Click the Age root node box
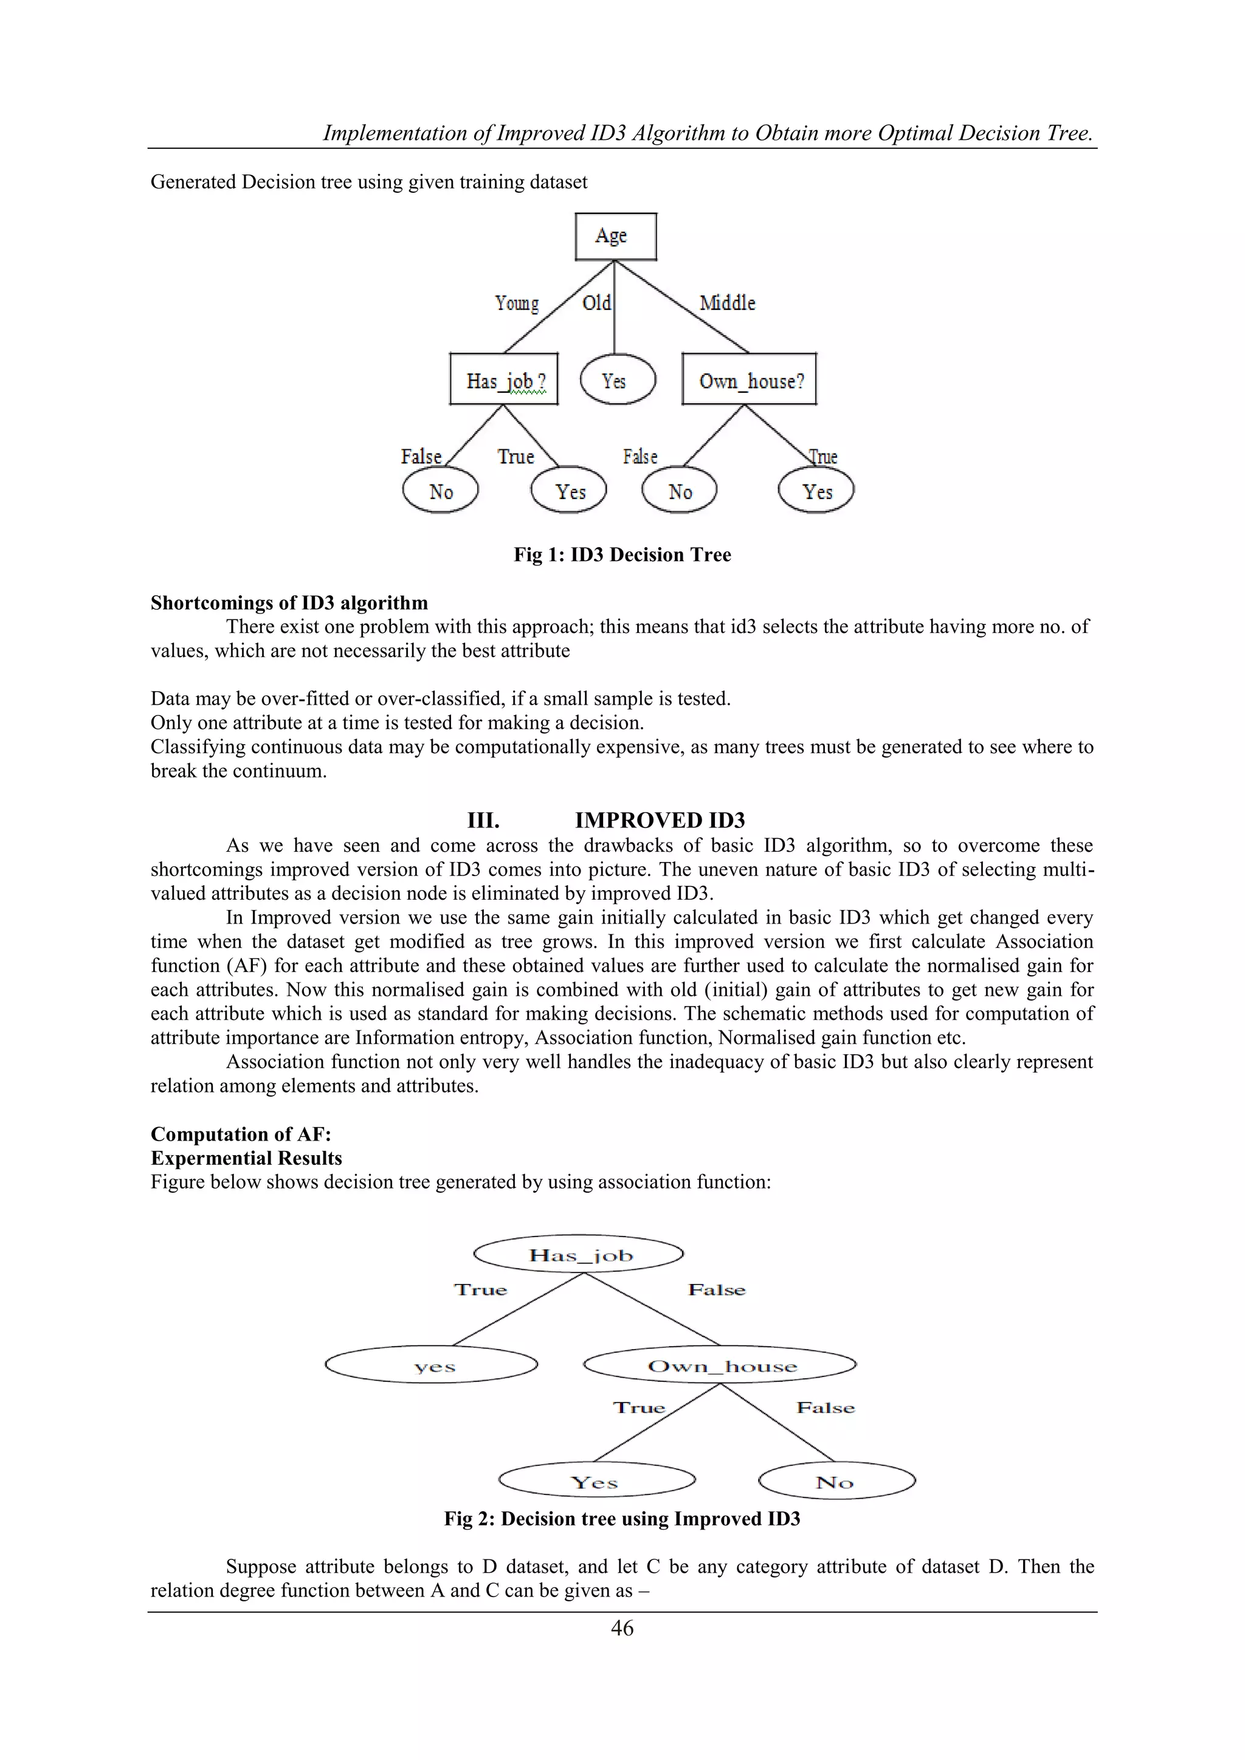(616, 236)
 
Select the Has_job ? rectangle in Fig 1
(504, 379)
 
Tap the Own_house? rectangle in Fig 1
(749, 379)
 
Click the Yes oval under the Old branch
(617, 380)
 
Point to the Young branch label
(517, 303)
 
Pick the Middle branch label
(727, 303)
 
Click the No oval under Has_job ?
(440, 491)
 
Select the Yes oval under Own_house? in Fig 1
(816, 491)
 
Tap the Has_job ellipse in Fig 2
(579, 1255)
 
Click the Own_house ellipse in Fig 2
(720, 1365)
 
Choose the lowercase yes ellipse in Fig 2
(432, 1365)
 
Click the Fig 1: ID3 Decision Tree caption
(622, 554)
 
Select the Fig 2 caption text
(622, 1519)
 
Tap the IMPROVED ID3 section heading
(660, 820)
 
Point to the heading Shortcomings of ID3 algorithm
(289, 602)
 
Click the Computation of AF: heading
(241, 1134)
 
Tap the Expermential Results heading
(246, 1158)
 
